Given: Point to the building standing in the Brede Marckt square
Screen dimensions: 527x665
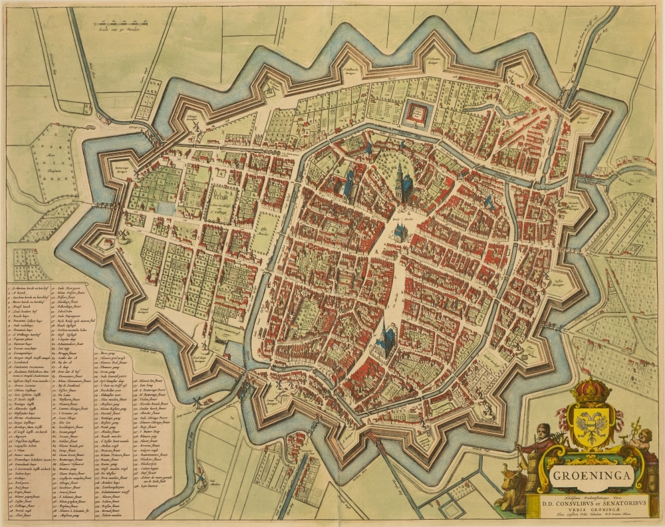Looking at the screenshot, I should pyautogui.click(x=401, y=232).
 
